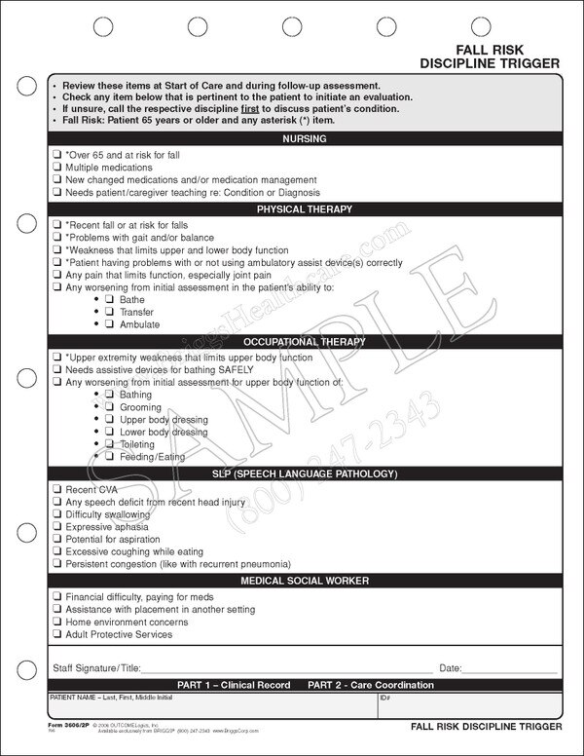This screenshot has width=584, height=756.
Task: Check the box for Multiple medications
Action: [x=57, y=168]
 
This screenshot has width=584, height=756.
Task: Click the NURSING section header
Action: [x=304, y=139]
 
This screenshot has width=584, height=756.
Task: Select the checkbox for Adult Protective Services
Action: [x=57, y=633]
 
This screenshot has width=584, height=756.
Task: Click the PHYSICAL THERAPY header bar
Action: [x=304, y=209]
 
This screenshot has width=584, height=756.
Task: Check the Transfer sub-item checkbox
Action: [x=110, y=312]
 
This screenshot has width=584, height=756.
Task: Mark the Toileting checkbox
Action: [x=110, y=443]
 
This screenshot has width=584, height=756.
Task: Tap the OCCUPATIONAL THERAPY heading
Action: [x=304, y=342]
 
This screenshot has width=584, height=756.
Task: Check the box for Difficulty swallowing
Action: [x=57, y=512]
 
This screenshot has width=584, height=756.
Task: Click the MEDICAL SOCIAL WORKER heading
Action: [x=304, y=581]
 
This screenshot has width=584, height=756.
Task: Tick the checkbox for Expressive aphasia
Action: [x=57, y=525]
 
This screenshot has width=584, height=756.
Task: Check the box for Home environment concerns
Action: [x=57, y=621]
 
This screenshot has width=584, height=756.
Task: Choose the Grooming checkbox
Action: [x=110, y=406]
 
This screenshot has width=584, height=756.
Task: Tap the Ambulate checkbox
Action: [x=110, y=324]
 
